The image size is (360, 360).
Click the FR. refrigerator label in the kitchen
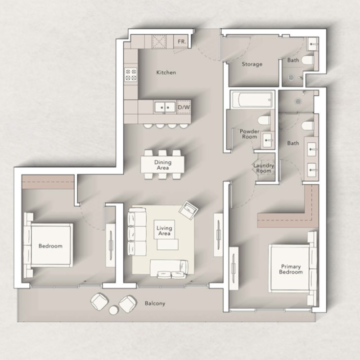point(182,41)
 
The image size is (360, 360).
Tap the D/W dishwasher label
point(184,107)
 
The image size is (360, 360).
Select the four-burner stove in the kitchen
point(131,75)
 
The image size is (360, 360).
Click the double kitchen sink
point(165,107)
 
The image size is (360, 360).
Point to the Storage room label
point(252,64)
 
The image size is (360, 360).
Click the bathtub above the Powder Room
point(252,100)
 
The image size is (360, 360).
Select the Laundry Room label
point(264,168)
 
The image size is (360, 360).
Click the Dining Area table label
point(163,165)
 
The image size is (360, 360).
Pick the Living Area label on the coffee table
point(164,231)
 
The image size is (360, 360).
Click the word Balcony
point(155,303)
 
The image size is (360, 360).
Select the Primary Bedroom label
point(291,269)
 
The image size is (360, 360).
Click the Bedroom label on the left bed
point(50,246)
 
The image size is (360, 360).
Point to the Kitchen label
point(166,72)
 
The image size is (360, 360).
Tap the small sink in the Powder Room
point(268,140)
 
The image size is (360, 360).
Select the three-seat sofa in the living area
point(137,231)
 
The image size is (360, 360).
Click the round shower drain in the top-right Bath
point(291,77)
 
